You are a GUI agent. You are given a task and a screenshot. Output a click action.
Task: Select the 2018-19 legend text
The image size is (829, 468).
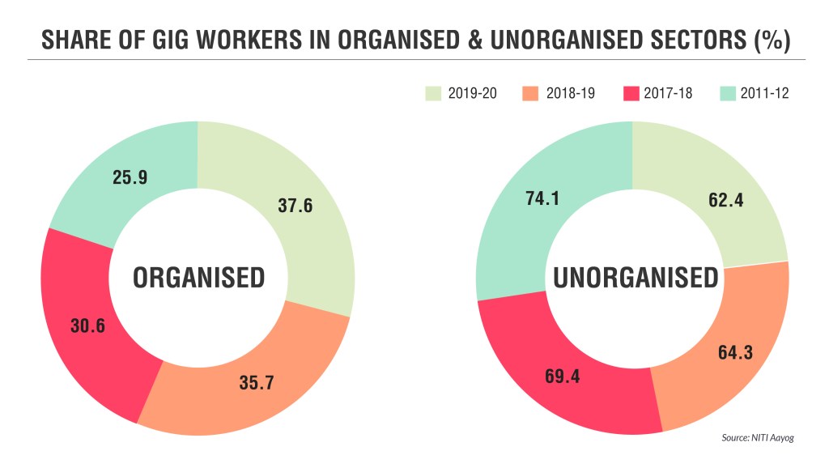click(x=572, y=93)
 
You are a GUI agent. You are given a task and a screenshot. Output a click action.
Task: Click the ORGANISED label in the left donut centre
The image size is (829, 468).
click(x=198, y=278)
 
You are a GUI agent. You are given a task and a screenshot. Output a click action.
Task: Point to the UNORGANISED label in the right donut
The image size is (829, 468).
click(x=636, y=278)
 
